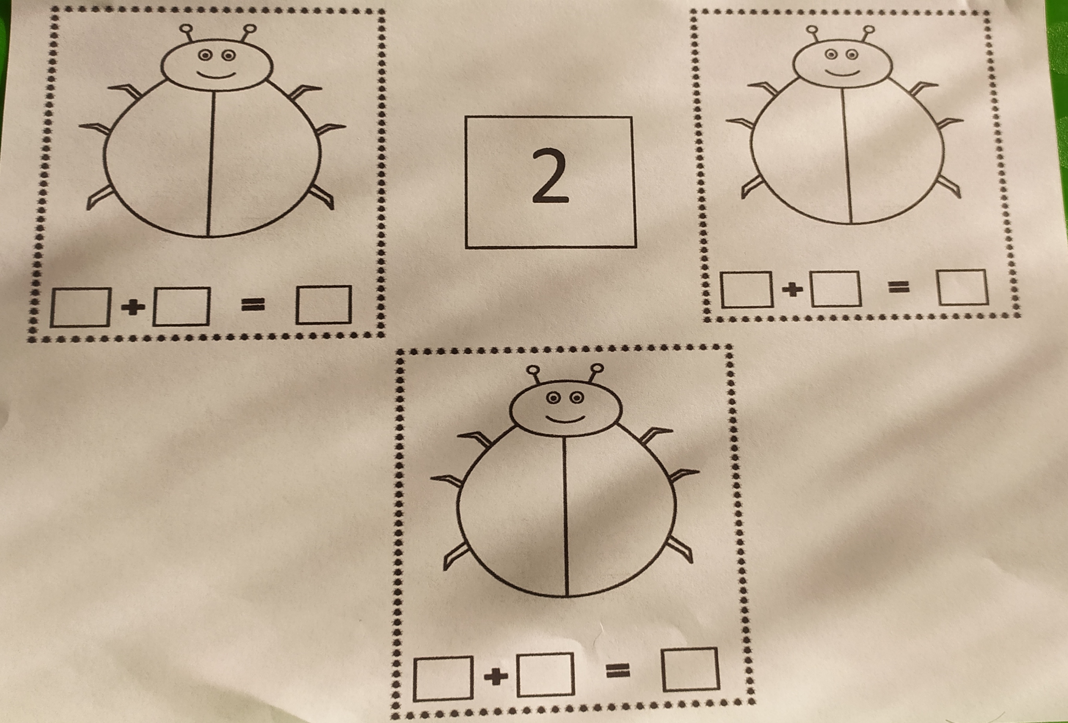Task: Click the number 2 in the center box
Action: click(x=551, y=176)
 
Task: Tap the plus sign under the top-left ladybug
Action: click(x=133, y=307)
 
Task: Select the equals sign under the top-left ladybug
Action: click(x=253, y=305)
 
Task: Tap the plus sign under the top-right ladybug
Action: click(x=792, y=289)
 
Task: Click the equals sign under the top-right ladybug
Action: click(x=899, y=287)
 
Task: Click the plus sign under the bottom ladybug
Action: click(x=496, y=677)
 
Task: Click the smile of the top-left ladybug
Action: click(x=217, y=75)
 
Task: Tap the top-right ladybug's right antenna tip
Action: click(x=868, y=30)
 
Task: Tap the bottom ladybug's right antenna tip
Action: click(x=597, y=369)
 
